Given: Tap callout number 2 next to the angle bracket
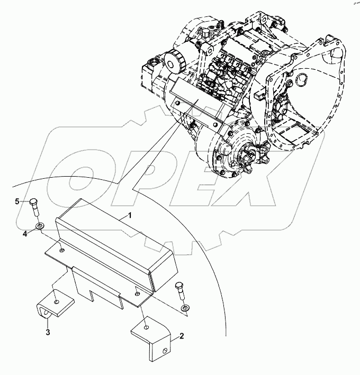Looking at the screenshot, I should coord(182,336).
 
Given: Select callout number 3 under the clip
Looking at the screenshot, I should coord(48,332).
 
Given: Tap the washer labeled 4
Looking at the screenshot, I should coord(40,227).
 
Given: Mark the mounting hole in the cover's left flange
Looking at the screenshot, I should coord(62,250).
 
